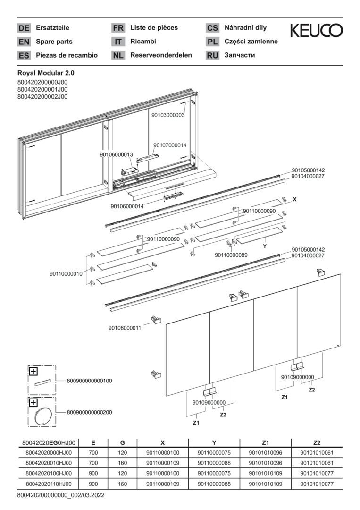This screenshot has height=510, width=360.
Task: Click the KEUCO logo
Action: click(x=316, y=31)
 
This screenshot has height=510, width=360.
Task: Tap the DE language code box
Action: click(x=24, y=28)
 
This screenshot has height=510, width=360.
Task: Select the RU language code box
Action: click(x=212, y=55)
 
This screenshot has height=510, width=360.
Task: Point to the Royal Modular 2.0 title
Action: click(x=46, y=73)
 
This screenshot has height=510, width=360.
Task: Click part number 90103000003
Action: click(x=168, y=115)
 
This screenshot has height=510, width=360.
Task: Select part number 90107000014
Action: click(x=170, y=145)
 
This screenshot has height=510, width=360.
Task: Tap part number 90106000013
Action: click(x=117, y=154)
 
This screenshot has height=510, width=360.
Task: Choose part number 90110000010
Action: click(x=66, y=273)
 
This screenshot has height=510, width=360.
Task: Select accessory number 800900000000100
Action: click(x=90, y=381)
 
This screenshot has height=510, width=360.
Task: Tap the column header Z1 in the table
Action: click(x=265, y=442)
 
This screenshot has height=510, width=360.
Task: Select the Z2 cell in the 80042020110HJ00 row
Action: click(x=317, y=484)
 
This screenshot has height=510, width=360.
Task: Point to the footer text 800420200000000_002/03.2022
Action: click(x=60, y=495)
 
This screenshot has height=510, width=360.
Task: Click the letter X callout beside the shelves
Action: click(x=294, y=200)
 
